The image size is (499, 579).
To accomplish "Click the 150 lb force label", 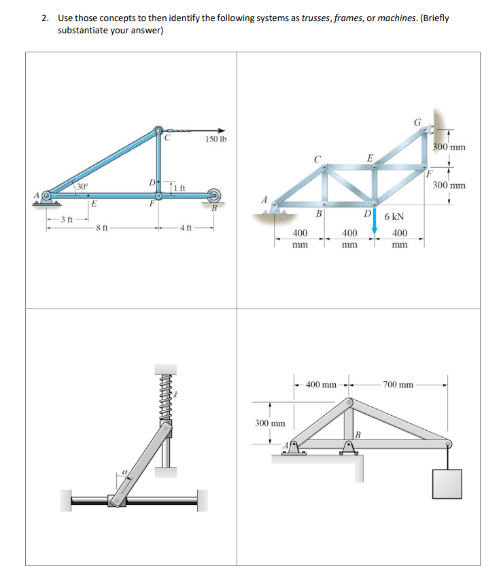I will pyautogui.click(x=216, y=139).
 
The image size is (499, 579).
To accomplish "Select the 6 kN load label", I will pyautogui.click(x=396, y=217).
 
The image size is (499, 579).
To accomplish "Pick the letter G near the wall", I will pyautogui.click(x=417, y=123).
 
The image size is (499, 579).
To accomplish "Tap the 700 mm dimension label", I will pyautogui.click(x=398, y=385).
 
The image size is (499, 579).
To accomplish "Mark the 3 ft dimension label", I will pyautogui.click(x=67, y=219).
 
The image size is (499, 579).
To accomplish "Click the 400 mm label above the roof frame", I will pyautogui.click(x=322, y=385).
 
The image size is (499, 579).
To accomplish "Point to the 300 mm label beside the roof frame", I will pyautogui.click(x=270, y=423).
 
